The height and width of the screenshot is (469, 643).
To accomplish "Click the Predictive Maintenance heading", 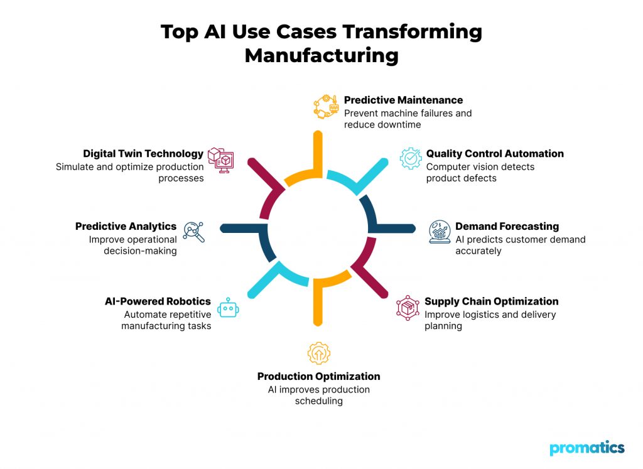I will pos(403,100).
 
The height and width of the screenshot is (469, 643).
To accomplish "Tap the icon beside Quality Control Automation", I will pos(411,158).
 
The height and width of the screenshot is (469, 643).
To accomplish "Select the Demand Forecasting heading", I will pos(507,226).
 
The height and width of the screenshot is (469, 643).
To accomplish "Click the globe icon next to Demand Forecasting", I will pos(439,232).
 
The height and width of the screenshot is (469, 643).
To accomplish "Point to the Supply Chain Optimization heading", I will pos(491,301).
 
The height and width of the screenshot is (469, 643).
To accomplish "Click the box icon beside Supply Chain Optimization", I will pos(408,307).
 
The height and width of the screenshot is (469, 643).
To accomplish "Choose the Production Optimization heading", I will pos(318,377).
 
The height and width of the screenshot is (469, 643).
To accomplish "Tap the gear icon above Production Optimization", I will pos(318,353).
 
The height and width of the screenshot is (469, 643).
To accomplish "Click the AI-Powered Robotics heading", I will pos(158,301).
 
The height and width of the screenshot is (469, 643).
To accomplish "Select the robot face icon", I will pos(227,308).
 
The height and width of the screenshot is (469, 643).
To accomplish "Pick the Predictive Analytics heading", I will pos(126,226).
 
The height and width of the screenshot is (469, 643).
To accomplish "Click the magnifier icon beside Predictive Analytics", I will pos(193,232).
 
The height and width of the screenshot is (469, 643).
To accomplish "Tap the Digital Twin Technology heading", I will pos(143,154).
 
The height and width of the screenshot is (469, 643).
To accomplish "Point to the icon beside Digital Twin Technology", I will pos(220,159).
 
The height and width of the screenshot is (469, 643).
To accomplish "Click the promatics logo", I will pos(587,448).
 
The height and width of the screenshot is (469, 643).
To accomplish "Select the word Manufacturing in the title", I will pos(321,55).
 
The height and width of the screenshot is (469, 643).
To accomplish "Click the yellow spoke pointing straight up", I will pos(318,151).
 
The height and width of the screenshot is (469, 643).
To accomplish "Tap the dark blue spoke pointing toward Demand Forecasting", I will pos(392,228).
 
